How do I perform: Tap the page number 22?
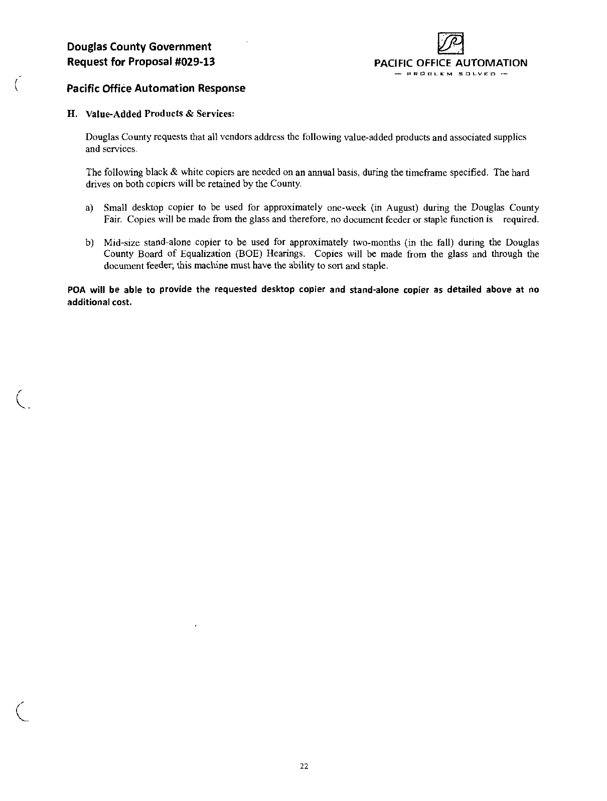click(303, 766)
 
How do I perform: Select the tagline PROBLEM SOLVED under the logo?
click(450, 75)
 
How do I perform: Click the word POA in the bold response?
click(76, 290)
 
